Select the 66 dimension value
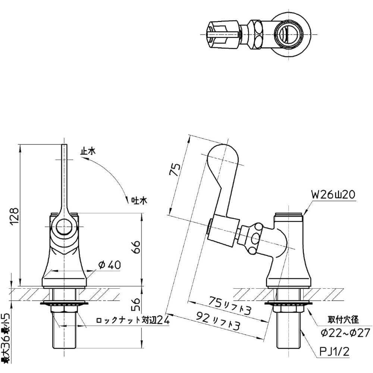click(137, 247)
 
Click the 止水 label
click(88, 151)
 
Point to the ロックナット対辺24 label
click(133, 320)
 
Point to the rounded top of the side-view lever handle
click(222, 153)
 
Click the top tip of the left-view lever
click(64, 146)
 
